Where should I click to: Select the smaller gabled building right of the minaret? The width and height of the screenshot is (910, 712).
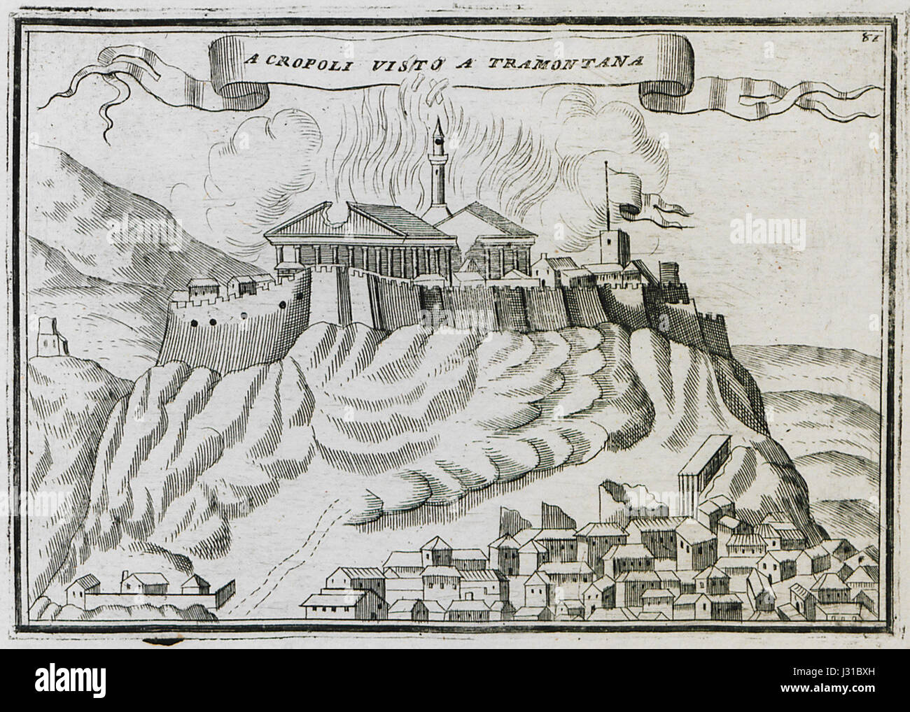[498, 238]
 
